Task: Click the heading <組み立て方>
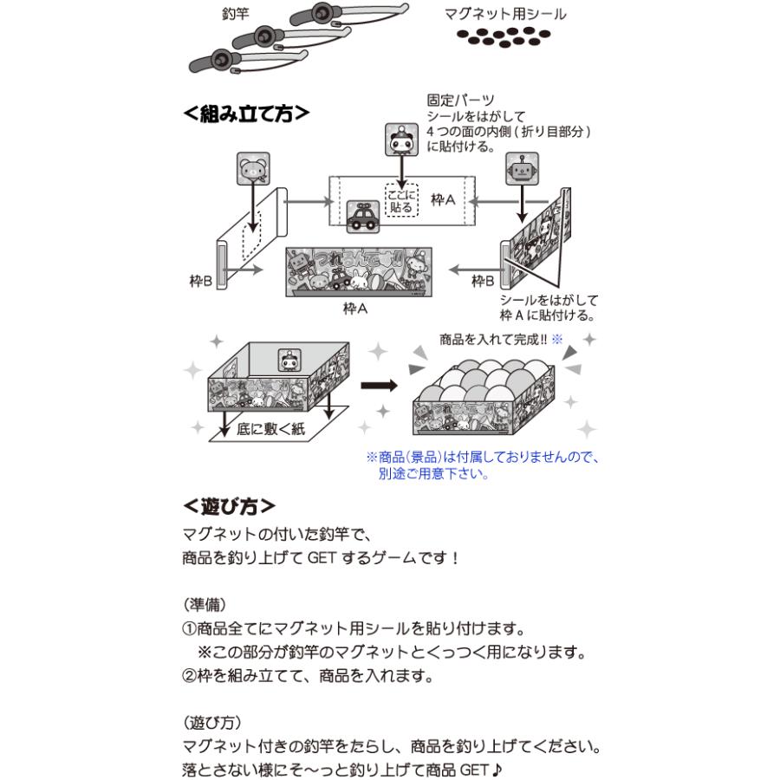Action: point(246,114)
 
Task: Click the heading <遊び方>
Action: point(230,505)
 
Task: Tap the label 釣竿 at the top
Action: point(236,15)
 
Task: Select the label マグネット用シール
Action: point(505,15)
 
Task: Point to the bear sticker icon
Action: point(252,169)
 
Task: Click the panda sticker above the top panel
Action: point(400,137)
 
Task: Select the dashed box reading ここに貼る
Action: point(401,201)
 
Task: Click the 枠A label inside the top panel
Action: point(444,200)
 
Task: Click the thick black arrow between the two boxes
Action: point(380,384)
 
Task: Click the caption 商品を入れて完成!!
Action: point(495,340)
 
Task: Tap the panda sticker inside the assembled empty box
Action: point(289,360)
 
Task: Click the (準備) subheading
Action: point(205,603)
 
